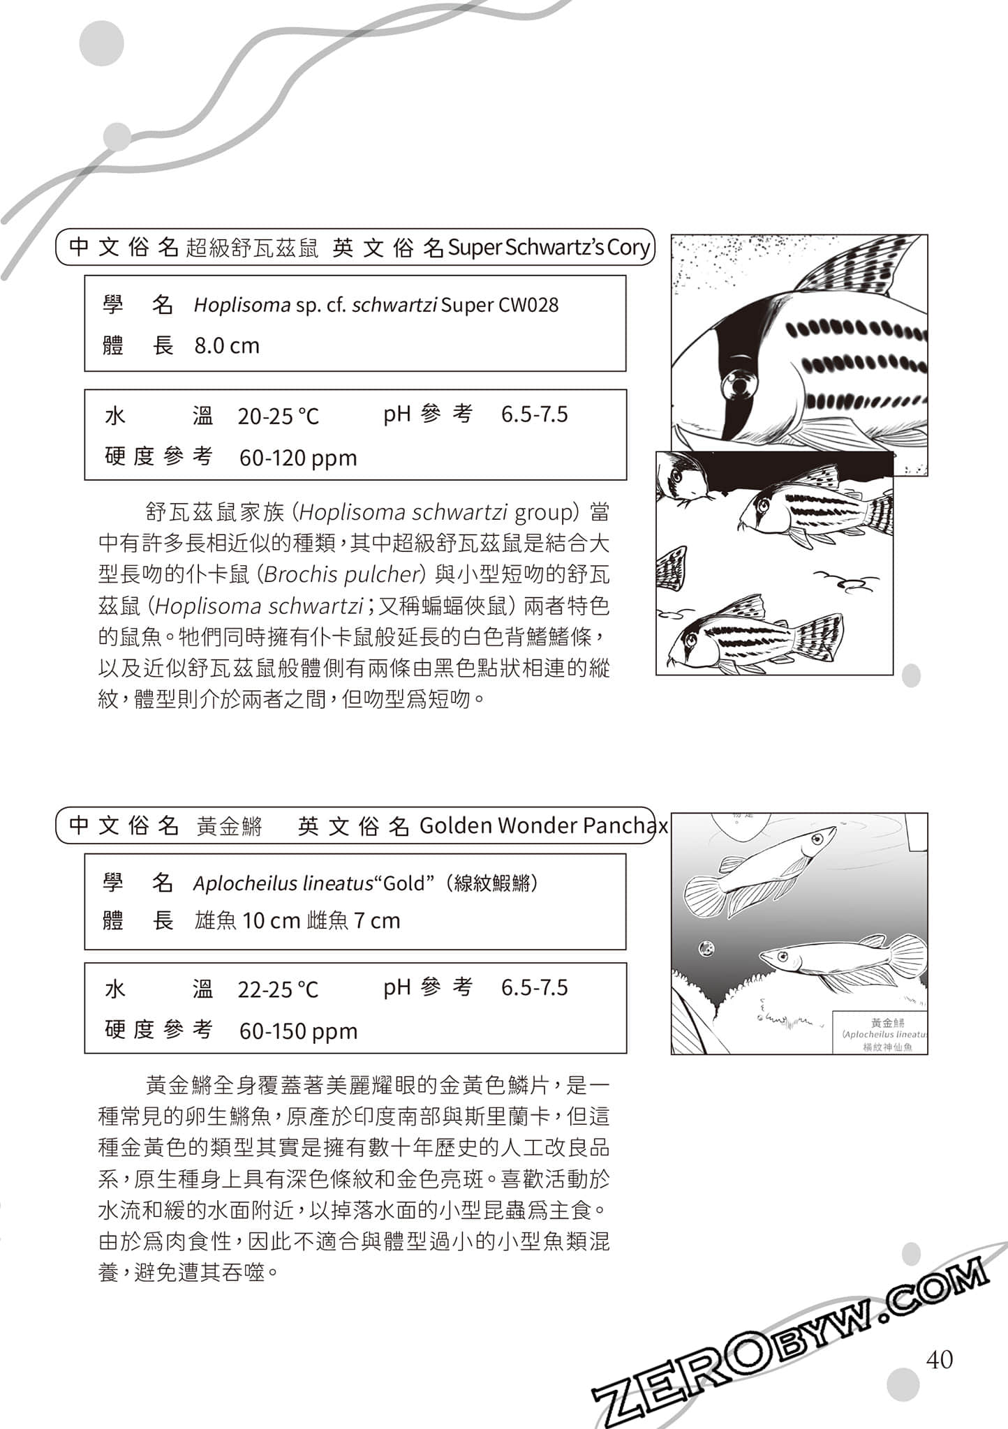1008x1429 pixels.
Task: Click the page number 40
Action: point(939,1359)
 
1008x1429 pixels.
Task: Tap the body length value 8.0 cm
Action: point(227,346)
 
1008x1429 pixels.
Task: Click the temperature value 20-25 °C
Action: point(278,417)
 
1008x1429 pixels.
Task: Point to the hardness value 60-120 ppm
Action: point(298,458)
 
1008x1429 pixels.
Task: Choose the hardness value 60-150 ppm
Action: point(298,1031)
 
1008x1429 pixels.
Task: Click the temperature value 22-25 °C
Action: point(278,989)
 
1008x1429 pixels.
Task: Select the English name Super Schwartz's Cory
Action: point(549,248)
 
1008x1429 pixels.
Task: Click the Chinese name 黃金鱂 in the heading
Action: point(229,827)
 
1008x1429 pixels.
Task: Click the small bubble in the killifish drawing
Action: point(706,948)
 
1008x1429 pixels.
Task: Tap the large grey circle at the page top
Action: point(102,43)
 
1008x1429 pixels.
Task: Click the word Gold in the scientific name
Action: point(404,884)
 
